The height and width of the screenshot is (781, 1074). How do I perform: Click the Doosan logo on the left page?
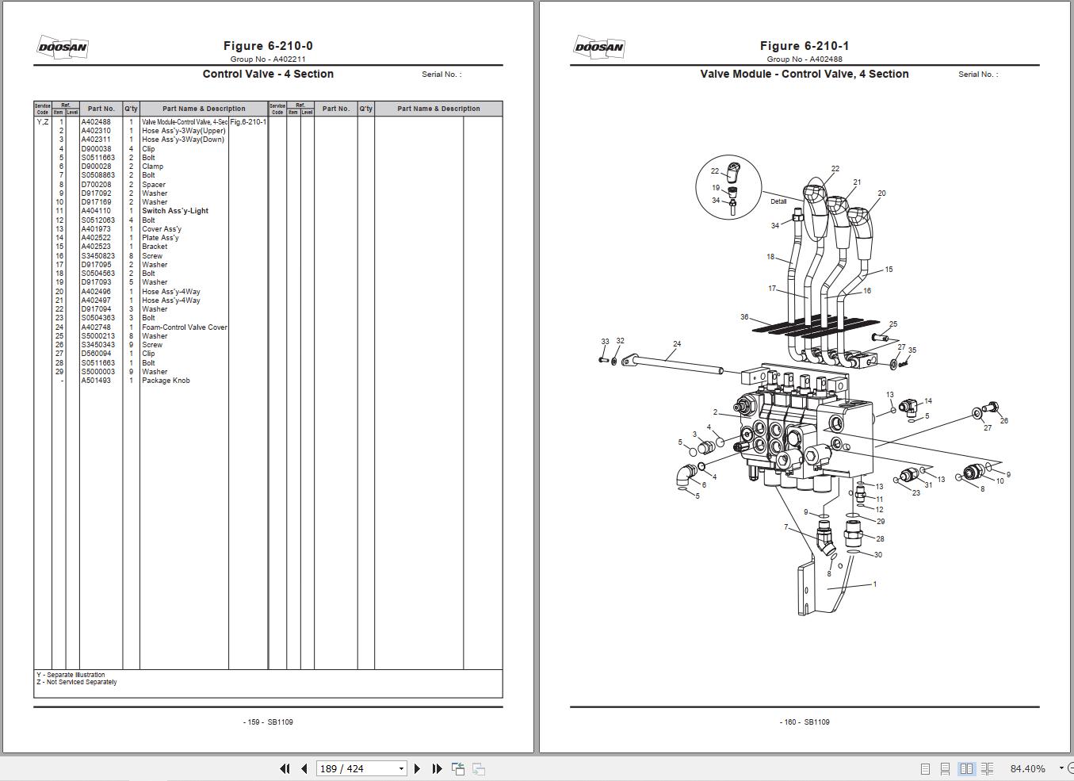coord(62,48)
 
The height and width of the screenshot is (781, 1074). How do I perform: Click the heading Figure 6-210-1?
coord(804,46)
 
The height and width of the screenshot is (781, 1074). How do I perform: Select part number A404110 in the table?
coord(96,211)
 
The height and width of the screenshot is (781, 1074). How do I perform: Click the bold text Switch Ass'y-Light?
coord(175,211)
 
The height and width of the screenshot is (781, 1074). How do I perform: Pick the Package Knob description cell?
coord(166,381)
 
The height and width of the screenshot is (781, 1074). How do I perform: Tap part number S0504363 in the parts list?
coord(97,318)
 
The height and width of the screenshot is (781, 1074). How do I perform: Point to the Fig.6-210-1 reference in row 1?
coord(248,122)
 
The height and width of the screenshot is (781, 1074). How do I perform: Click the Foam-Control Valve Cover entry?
coord(184,327)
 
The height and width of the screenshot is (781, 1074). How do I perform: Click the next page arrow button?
coord(418,768)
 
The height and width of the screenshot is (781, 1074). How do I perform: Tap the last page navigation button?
coord(437,768)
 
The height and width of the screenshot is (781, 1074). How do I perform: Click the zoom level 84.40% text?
coord(1027,768)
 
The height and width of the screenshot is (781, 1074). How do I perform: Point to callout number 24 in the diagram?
coord(676,344)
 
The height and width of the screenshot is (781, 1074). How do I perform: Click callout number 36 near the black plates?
coord(744,317)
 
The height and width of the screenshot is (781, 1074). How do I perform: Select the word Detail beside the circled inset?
coord(778,201)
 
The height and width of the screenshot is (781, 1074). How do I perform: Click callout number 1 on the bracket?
coord(874,584)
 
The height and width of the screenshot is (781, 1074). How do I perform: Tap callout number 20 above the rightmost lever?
coord(881,193)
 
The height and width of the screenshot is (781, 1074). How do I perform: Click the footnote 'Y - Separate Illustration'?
coord(71,675)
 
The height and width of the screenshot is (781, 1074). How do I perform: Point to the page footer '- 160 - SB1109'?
coord(805,722)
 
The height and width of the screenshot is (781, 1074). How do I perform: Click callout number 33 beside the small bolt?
coord(605,342)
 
